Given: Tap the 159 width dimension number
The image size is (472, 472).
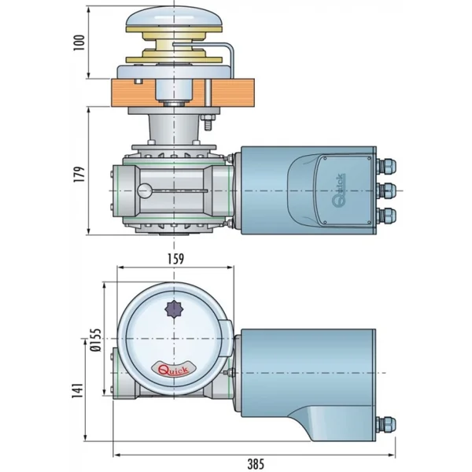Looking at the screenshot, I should coord(175,257).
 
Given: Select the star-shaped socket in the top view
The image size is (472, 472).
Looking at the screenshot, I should coord(175,309).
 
